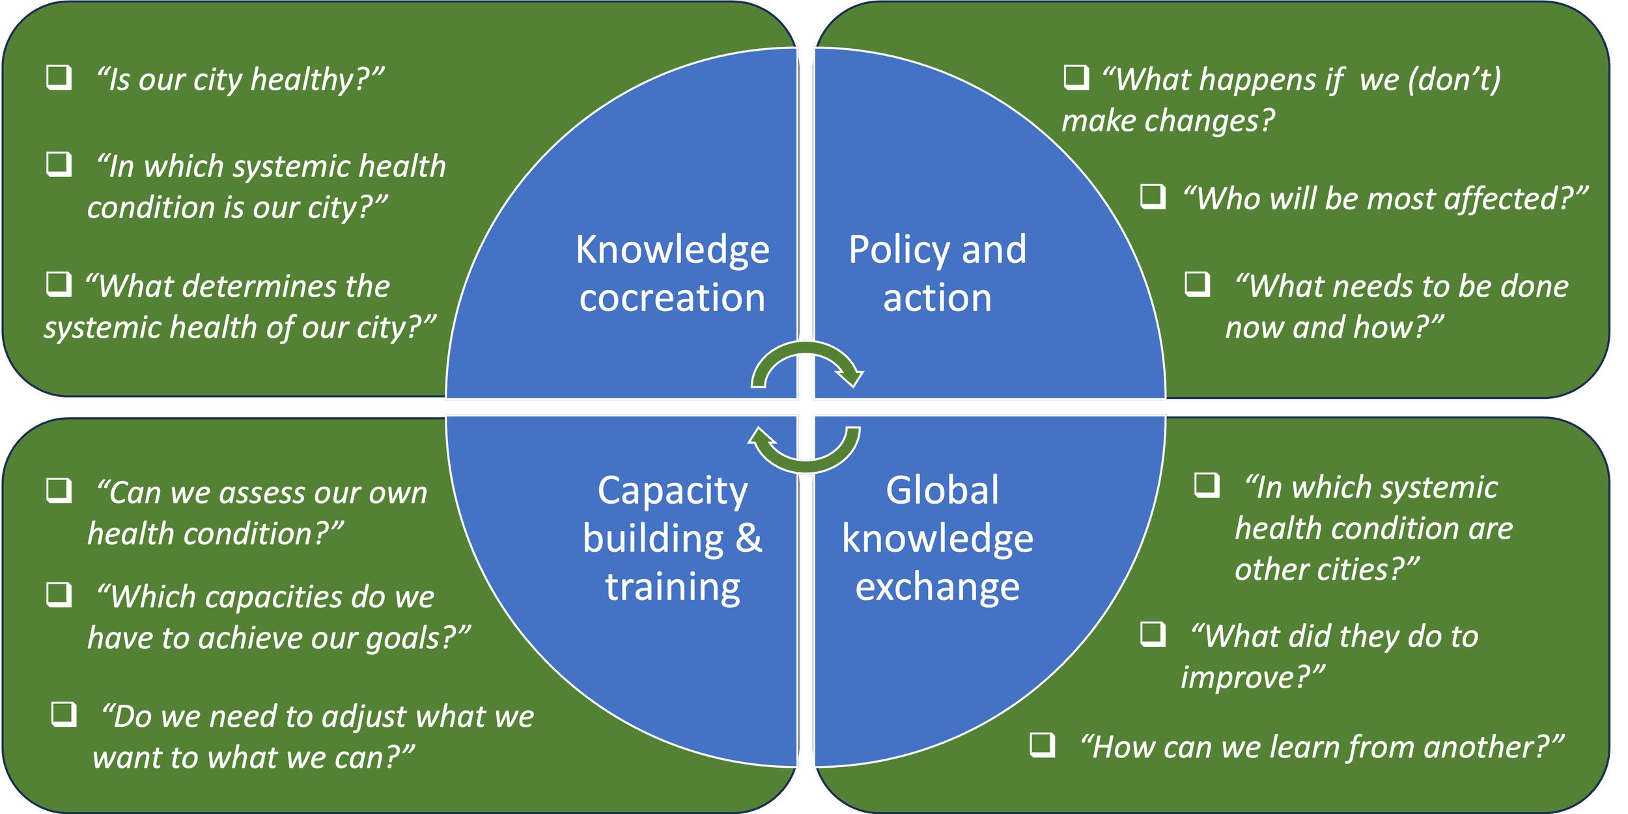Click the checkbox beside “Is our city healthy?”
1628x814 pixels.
[59, 77]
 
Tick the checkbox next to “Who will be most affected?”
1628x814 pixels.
[1153, 196]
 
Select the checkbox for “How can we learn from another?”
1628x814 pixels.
[1042, 744]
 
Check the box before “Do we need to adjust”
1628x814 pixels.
[64, 714]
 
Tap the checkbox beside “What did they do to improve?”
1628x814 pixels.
[1153, 633]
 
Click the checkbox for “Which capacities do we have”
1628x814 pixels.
[59, 594]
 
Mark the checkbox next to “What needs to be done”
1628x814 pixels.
[1197, 284]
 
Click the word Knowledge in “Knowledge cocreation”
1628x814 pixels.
[672, 250]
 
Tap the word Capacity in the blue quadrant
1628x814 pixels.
[673, 491]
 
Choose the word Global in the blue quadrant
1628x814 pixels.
[942, 491]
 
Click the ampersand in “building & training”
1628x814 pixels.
[749, 539]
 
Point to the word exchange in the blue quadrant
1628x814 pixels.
[937, 587]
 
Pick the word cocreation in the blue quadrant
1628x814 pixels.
[672, 298]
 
